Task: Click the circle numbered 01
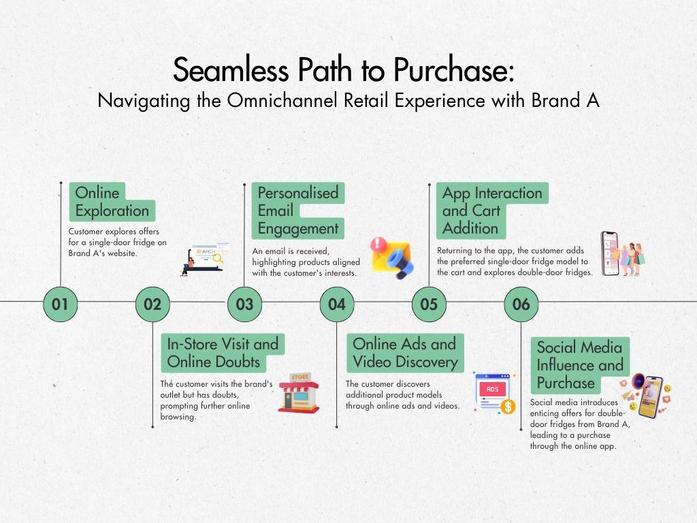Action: click(61, 304)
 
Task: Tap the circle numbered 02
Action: click(152, 304)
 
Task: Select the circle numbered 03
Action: click(244, 304)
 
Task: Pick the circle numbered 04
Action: click(337, 304)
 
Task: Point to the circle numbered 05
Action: click(429, 304)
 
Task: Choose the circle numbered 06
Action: click(521, 304)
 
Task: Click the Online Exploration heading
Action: click(112, 202)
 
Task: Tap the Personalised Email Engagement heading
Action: click(297, 210)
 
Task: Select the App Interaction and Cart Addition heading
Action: click(491, 210)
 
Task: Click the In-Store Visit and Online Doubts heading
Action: click(223, 353)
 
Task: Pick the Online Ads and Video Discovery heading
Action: click(404, 353)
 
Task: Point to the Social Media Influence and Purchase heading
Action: click(580, 365)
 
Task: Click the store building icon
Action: click(299, 394)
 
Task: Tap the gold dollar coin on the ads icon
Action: click(507, 407)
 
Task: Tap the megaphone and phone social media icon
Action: click(647, 395)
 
